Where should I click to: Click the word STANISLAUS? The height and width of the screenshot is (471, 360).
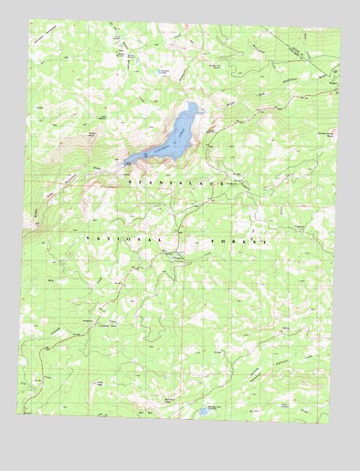pyautogui.click(x=175, y=183)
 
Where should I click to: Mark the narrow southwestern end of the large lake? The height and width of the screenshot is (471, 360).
pyautogui.click(x=127, y=162)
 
